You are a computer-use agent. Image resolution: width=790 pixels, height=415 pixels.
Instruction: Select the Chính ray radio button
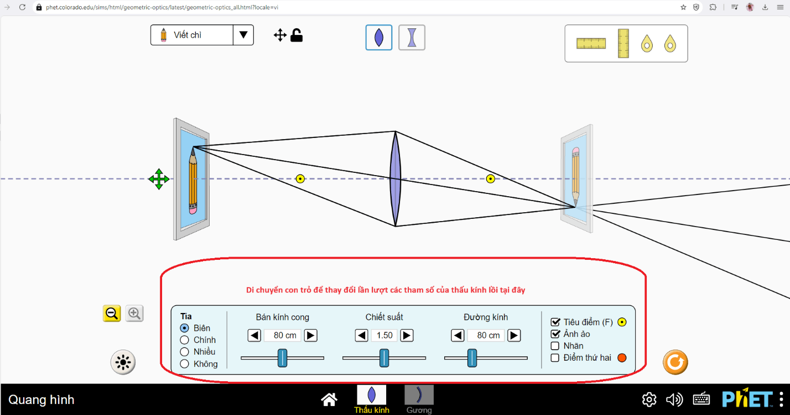185,340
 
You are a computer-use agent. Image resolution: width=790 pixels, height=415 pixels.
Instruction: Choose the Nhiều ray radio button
185,352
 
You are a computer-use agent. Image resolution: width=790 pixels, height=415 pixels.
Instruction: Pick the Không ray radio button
185,364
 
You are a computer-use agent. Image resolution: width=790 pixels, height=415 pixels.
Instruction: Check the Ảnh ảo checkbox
555,334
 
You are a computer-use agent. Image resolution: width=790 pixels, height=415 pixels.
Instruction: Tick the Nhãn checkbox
555,346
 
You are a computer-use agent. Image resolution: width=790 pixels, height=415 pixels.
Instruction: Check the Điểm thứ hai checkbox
555,358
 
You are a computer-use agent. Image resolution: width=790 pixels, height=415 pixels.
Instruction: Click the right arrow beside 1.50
407,335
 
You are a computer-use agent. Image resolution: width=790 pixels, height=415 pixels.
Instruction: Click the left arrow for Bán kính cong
254,335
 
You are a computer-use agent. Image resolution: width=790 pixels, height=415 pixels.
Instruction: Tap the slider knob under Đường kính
472,358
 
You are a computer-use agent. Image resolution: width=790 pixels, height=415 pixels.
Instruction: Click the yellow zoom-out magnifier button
112,314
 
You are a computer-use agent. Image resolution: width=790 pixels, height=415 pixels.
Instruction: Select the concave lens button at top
412,38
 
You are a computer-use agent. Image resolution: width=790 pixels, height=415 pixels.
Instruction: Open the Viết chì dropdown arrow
243,35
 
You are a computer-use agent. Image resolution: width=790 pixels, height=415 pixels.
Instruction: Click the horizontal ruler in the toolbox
591,43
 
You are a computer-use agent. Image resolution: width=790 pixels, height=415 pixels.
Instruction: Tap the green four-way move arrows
159,179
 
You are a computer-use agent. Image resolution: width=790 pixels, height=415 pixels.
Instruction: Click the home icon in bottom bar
329,399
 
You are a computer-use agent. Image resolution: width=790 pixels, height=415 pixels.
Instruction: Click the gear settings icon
649,399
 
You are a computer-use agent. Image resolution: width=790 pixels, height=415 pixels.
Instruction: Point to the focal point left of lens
300,178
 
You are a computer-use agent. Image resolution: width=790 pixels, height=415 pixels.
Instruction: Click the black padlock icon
297,35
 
